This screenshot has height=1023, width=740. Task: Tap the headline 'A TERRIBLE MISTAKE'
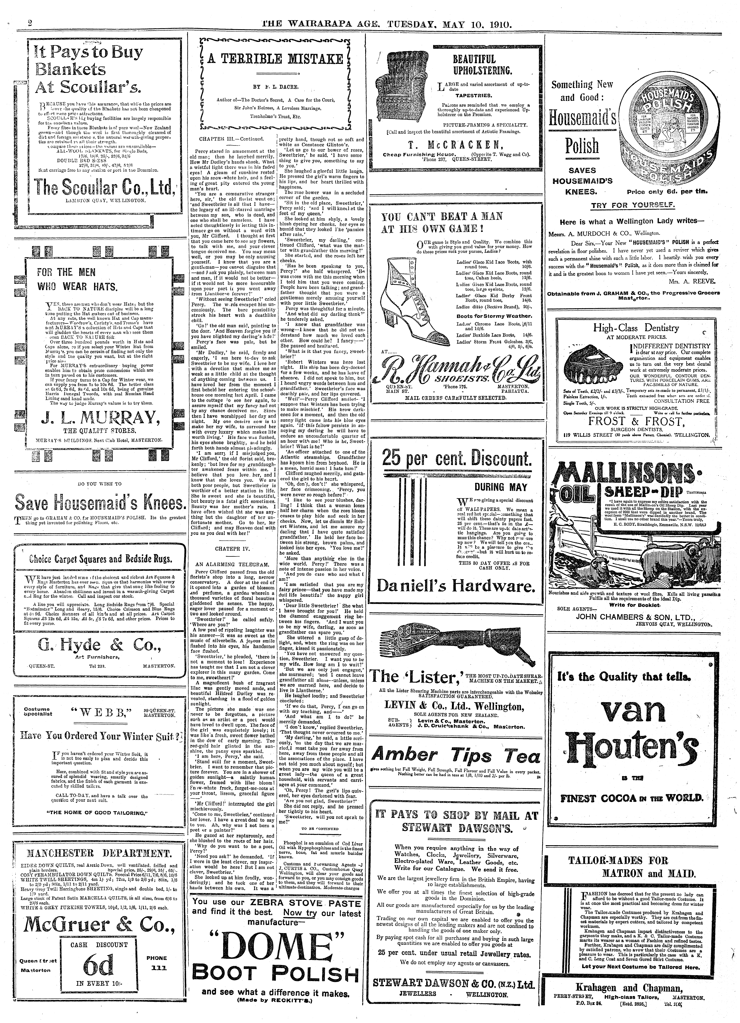pyautogui.click(x=276, y=59)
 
